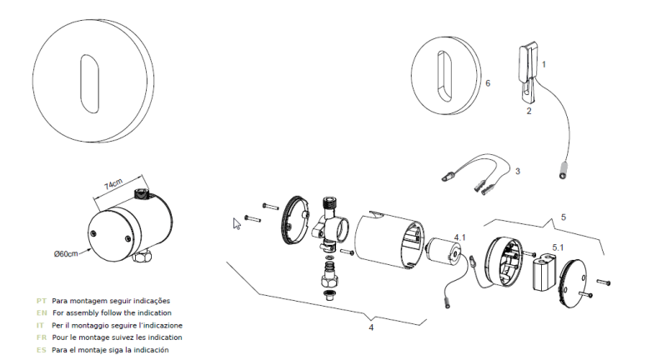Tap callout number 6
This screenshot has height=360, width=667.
coord(488,83)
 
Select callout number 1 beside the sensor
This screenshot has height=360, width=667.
coord(544,62)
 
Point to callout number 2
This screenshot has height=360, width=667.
coord(529,109)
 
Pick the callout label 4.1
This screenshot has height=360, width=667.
coord(459,237)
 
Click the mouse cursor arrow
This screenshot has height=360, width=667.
coord(237,222)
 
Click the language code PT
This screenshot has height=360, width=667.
coord(41,299)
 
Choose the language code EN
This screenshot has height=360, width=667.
coord(41,312)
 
